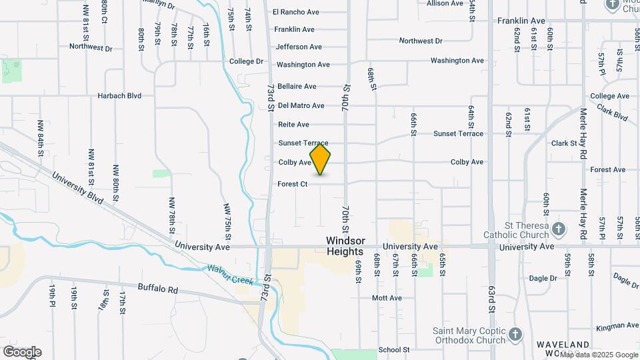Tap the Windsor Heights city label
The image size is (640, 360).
(x=345, y=246)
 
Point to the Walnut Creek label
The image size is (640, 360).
(x=230, y=274)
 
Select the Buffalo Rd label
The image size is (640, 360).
(x=158, y=289)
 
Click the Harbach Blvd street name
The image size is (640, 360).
(x=119, y=96)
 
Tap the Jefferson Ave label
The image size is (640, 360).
(x=299, y=47)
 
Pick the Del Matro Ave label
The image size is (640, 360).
(x=301, y=105)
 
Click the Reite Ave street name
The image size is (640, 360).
(x=293, y=125)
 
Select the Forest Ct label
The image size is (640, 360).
(x=293, y=184)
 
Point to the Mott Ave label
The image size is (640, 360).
(x=387, y=298)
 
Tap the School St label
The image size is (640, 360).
(x=393, y=349)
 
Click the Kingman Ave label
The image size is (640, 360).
(x=617, y=326)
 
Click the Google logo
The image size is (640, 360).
(x=22, y=352)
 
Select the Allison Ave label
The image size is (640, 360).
(x=445, y=3)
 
